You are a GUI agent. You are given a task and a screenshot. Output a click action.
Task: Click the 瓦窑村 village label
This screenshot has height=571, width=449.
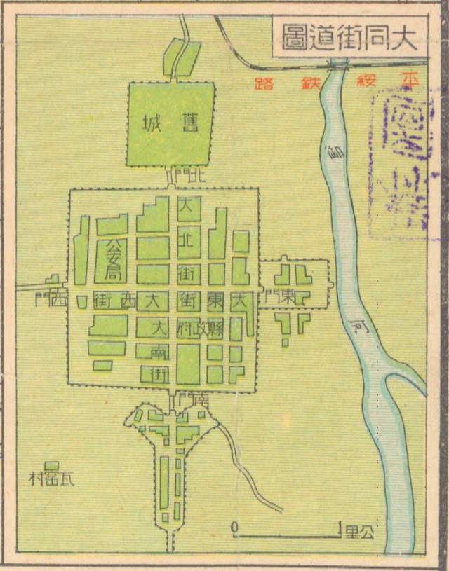click(51, 480)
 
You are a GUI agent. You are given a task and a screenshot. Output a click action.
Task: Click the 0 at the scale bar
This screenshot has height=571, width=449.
click(234, 526)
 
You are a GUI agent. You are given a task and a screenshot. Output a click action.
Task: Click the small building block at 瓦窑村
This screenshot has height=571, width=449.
click(51, 466)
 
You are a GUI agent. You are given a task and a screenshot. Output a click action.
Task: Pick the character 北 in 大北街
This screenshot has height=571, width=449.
click(188, 240)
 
